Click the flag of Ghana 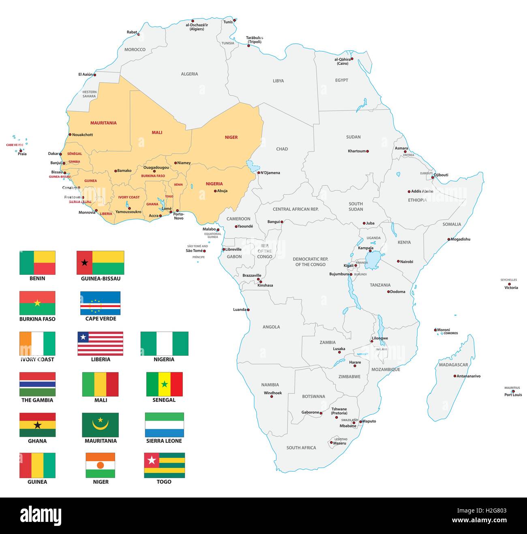[37, 425]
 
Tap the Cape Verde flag [100, 303]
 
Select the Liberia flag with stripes [100, 344]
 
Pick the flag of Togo [164, 465]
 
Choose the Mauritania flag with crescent [100, 425]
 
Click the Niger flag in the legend [100, 465]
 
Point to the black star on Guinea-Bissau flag [84, 263]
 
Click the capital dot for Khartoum [368, 151]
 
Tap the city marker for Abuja [215, 191]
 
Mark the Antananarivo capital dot [454, 376]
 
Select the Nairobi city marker [398, 261]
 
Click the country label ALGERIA [189, 74]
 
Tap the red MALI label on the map [157, 132]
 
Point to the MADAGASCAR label [453, 365]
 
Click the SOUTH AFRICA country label [301, 448]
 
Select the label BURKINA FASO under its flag [37, 319]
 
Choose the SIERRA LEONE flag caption [164, 441]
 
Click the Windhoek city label [272, 393]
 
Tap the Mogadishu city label [460, 239]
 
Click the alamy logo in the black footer [41, 516]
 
